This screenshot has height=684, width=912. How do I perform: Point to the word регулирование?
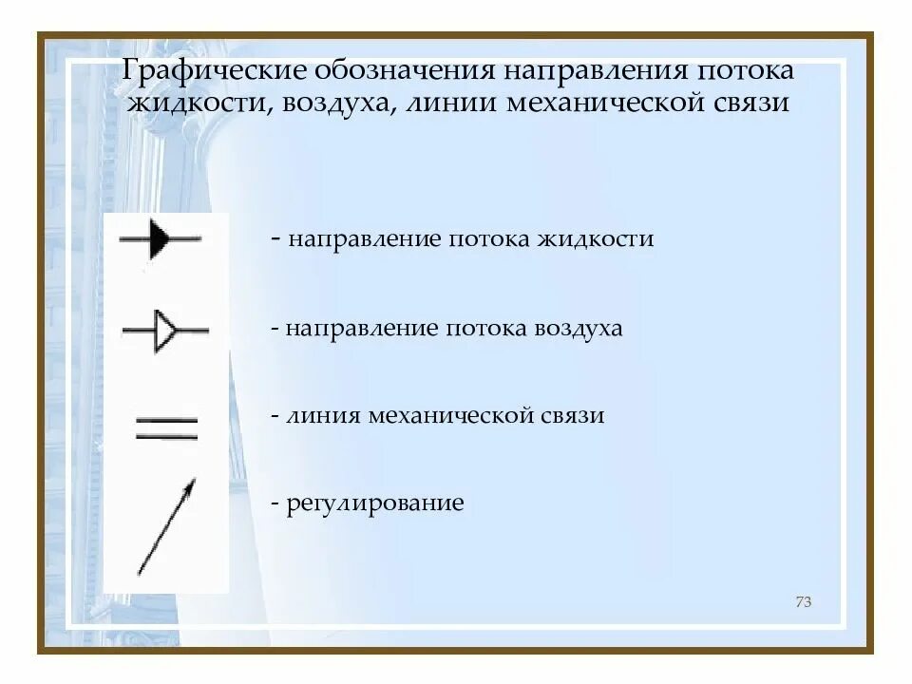[375, 503]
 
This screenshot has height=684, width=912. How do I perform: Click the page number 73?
[803, 602]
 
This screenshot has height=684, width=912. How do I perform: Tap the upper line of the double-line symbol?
[167, 420]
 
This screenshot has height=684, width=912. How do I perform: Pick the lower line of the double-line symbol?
[167, 436]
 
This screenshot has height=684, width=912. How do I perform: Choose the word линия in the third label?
[320, 416]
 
